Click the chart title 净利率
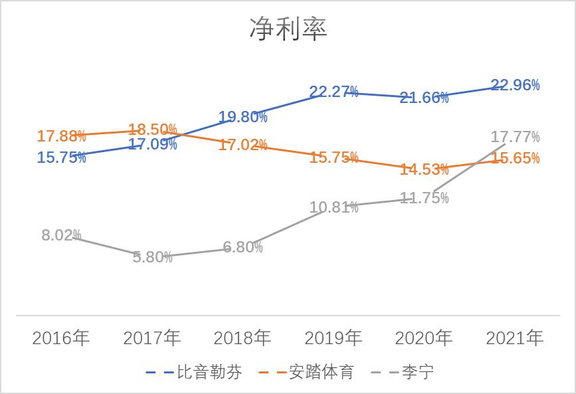point(288,29)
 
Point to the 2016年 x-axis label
point(61,338)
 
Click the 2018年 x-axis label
point(242,338)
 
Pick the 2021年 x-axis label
point(515,338)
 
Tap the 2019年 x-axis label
point(334,338)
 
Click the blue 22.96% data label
point(515,85)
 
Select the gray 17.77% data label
point(515,137)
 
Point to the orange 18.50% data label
point(153,129)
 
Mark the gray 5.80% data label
point(152,257)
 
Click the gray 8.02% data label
point(61,235)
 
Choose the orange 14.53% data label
point(425,169)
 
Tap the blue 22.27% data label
point(334,92)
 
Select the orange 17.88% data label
point(61,136)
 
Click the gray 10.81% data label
point(334,207)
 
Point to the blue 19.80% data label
point(243,118)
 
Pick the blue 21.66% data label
point(425,98)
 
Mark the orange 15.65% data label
point(515,158)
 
